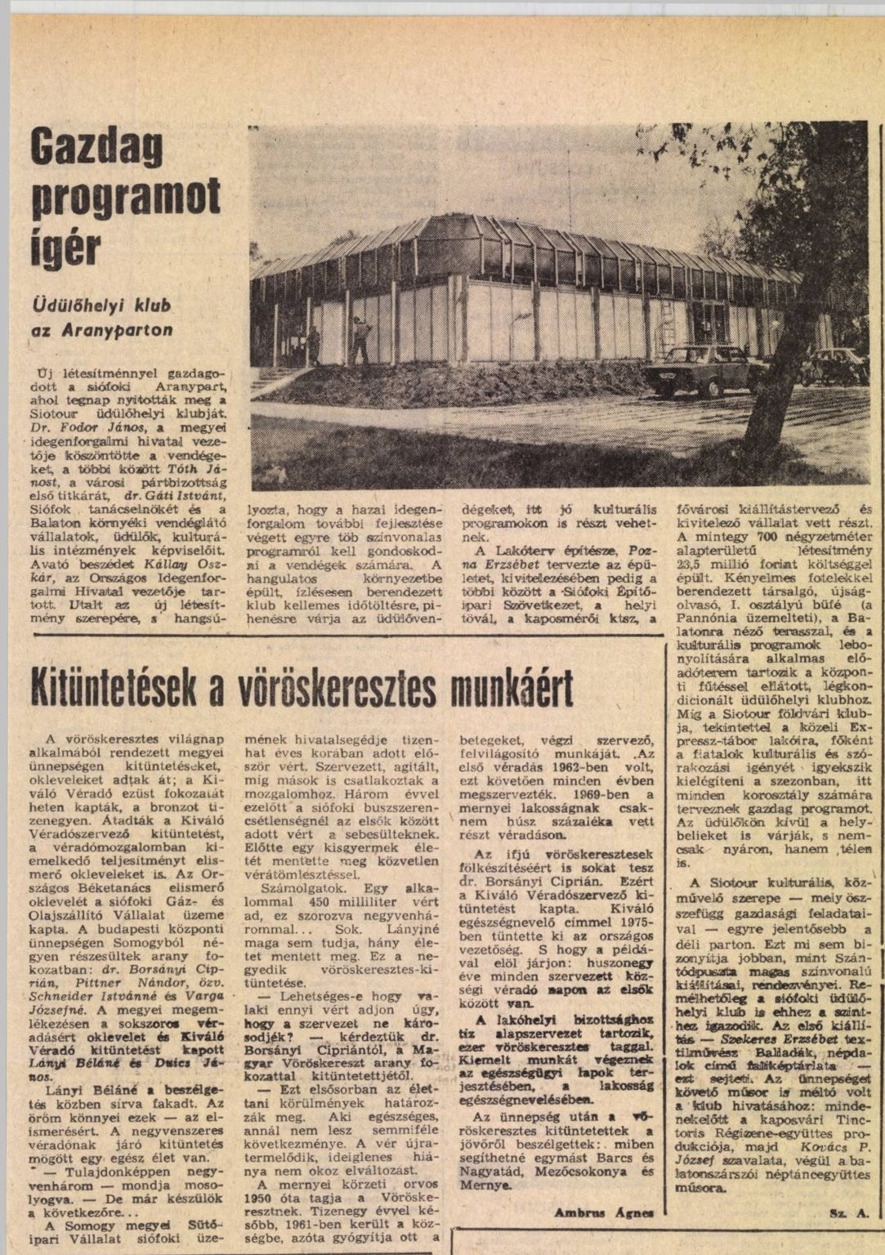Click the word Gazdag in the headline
96,147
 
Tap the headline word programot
126,198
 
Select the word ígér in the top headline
65,245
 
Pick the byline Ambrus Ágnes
603,1213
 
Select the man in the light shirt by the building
360,337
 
